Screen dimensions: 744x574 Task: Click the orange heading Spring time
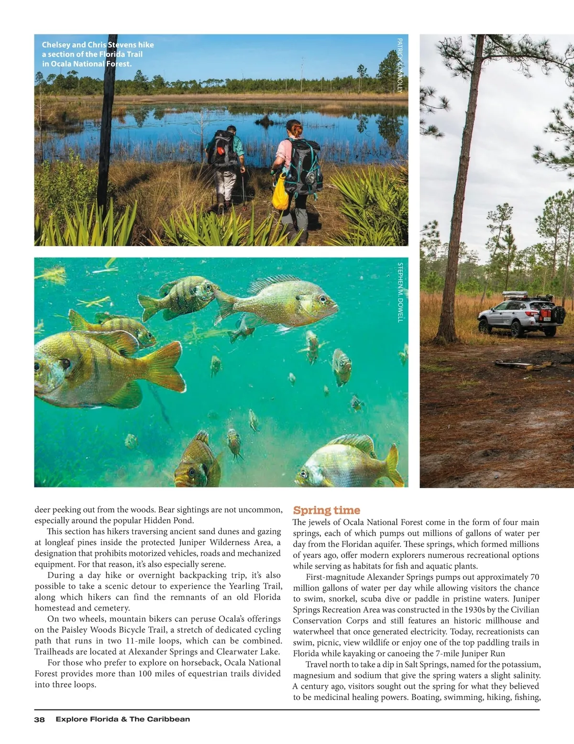pyautogui.click(x=326, y=510)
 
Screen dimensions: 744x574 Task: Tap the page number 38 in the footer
pyautogui.click(x=39, y=719)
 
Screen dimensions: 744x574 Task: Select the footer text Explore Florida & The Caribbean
pyautogui.click(x=122, y=719)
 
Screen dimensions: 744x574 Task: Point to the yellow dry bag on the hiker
pyautogui.click(x=279, y=191)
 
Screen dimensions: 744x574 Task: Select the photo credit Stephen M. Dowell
pyautogui.click(x=400, y=292)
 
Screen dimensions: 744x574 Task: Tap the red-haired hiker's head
pyautogui.click(x=294, y=128)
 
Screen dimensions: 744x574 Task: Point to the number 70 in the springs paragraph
pyautogui.click(x=534, y=577)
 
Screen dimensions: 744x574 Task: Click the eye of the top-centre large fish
pyautogui.click(x=321, y=300)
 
